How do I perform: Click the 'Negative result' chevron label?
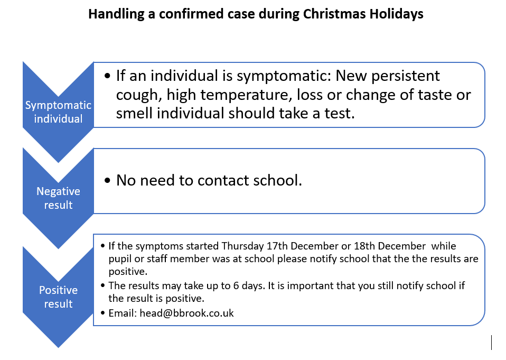click(x=59, y=198)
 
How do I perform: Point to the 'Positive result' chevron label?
click(x=59, y=297)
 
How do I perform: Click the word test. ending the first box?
click(x=340, y=113)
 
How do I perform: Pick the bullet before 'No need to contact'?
click(x=107, y=180)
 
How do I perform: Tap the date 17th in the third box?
click(x=277, y=246)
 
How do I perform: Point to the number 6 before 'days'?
click(x=236, y=286)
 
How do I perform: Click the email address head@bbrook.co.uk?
click(x=186, y=313)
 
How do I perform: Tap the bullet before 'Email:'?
click(x=103, y=313)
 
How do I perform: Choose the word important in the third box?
click(x=310, y=287)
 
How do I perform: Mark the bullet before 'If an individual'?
click(x=107, y=76)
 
